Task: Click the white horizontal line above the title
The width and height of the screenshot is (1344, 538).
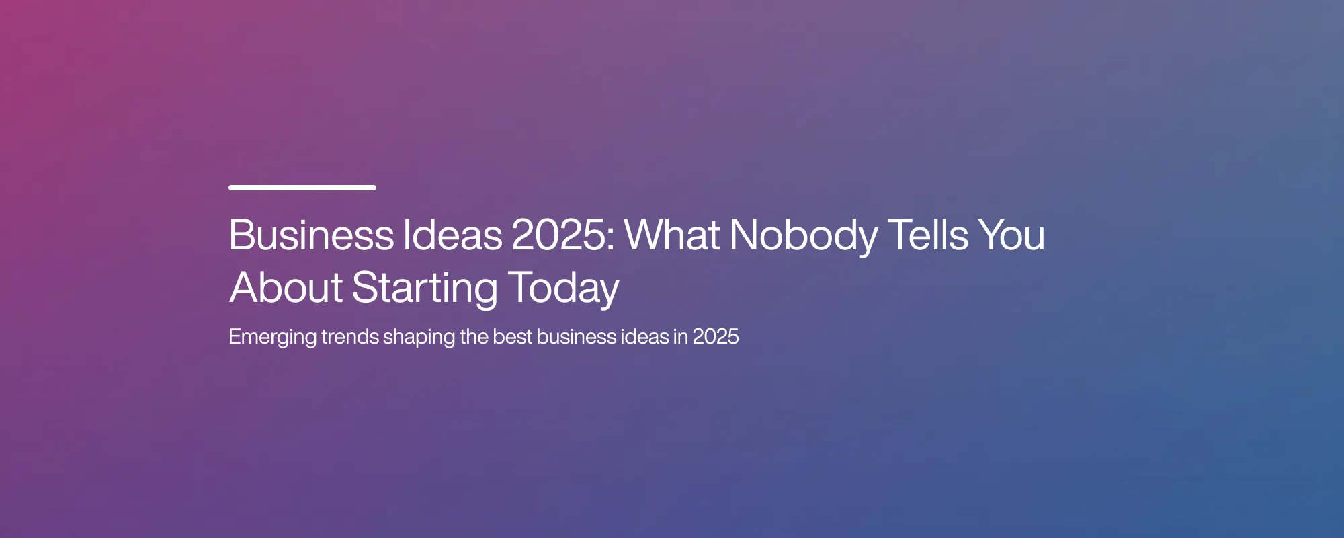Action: (x=302, y=188)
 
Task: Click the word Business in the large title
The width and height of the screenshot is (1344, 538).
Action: (x=311, y=235)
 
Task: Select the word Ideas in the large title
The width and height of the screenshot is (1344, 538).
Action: (x=453, y=235)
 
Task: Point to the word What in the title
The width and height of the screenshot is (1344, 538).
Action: (x=673, y=235)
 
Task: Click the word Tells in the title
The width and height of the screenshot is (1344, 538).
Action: (x=928, y=235)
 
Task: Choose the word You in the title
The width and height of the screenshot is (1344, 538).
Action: (x=1011, y=235)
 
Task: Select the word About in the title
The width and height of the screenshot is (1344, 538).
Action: (x=286, y=287)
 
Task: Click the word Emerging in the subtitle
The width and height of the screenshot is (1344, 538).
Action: (x=272, y=338)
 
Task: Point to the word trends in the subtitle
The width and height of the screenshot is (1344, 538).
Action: (x=350, y=336)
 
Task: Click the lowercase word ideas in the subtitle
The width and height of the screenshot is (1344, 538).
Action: (x=644, y=336)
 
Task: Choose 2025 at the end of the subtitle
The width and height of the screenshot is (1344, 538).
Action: (x=716, y=336)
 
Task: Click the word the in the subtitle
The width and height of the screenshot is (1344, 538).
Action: (x=474, y=336)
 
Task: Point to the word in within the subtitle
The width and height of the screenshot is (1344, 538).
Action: (x=681, y=336)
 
